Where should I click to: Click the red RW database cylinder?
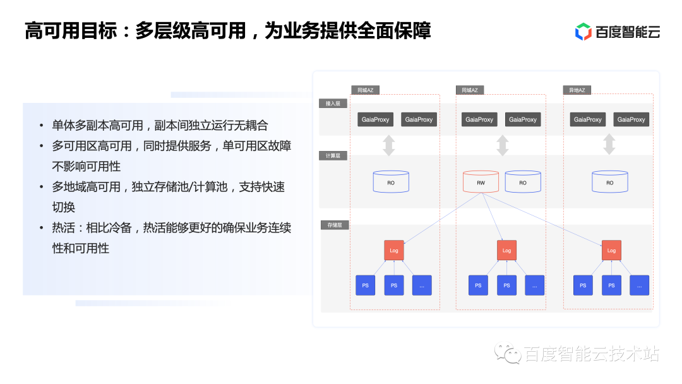pos(481,182)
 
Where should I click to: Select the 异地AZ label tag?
pos(577,90)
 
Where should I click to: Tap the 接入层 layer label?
pos(333,103)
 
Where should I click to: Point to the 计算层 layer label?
pos(333,155)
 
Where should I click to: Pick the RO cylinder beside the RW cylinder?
pos(523,182)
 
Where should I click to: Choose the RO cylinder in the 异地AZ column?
pos(609,182)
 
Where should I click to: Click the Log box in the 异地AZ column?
pos(611,250)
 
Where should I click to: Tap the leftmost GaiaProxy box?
pos(375,119)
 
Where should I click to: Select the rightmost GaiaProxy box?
pos(631,119)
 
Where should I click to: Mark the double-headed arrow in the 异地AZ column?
pos(609,144)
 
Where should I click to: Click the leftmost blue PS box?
pos(365,285)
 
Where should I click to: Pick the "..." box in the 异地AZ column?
pos(640,285)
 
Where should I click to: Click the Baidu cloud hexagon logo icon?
pos(583,32)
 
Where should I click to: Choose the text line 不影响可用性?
pos(86,166)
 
